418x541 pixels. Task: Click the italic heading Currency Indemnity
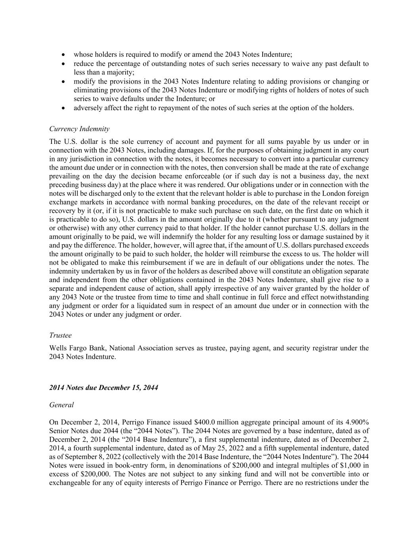(x=79, y=129)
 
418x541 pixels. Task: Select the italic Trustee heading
(x=60, y=335)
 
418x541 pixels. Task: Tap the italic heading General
(x=61, y=405)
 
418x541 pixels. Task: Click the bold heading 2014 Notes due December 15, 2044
(x=103, y=388)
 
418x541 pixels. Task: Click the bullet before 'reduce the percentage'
(x=63, y=64)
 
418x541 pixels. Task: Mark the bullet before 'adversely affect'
(x=63, y=108)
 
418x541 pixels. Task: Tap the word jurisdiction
(x=73, y=159)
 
